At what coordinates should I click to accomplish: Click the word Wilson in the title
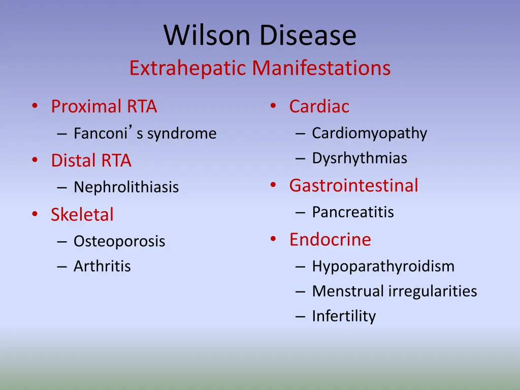coord(207,36)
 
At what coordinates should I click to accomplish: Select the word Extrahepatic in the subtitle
coord(188,68)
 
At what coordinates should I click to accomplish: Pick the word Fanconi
coord(100,134)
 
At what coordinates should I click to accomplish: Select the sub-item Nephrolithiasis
coord(126,187)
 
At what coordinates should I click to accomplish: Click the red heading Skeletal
coord(82,215)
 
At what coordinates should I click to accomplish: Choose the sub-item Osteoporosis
coord(119,241)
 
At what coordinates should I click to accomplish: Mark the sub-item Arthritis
coord(102,266)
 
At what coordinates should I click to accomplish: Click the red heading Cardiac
coord(319,107)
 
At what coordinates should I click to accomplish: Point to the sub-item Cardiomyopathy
coord(369,133)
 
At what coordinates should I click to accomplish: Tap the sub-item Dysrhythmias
coord(360,158)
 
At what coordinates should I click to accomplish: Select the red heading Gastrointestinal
coord(353,185)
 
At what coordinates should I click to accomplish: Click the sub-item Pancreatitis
coord(353,212)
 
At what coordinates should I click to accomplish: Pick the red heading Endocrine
coord(330,239)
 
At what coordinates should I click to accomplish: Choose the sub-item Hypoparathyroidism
coord(383,266)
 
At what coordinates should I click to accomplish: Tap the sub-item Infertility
coord(344,316)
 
